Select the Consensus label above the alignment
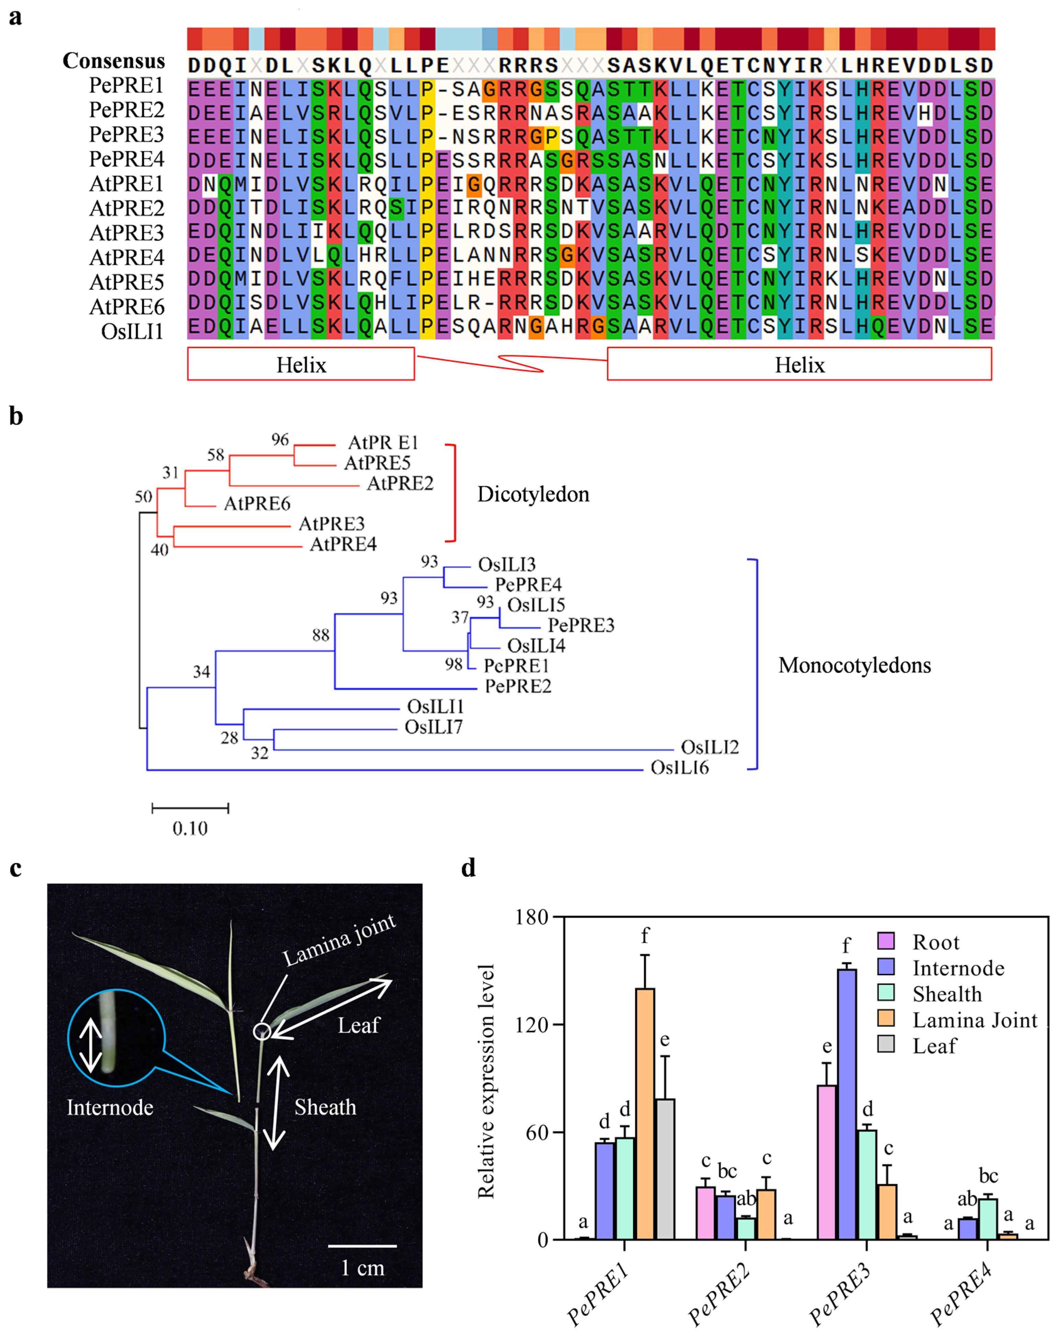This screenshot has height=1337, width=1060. tap(114, 61)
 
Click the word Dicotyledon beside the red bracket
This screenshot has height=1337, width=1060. tap(533, 494)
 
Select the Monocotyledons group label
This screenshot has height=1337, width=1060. tap(854, 665)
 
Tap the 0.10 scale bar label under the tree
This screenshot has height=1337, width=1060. tap(190, 829)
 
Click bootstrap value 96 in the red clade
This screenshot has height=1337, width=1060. tap(280, 440)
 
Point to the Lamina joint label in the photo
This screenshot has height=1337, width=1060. tap(339, 941)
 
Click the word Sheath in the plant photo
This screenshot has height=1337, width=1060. tap(325, 1107)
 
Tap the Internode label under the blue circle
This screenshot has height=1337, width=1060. tap(110, 1108)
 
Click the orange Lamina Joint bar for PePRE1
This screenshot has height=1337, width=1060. tap(644, 1116)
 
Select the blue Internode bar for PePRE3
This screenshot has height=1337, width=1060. tap(846, 1104)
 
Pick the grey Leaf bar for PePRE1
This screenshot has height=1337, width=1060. tap(665, 1172)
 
